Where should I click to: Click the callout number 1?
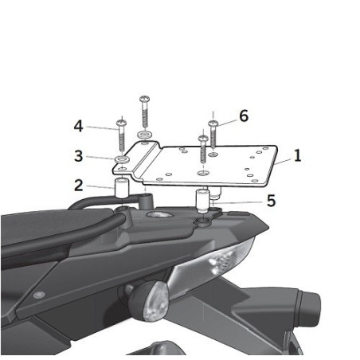pos(296,156)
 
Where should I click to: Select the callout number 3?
pos(78,155)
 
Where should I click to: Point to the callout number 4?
pos(78,126)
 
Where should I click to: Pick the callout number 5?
pos(271,202)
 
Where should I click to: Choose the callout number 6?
pos(243,115)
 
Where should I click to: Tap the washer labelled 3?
pos(122,161)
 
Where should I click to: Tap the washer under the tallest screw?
pos(144,135)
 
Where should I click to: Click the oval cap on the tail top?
pos(160,217)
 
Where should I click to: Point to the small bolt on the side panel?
pos(38,295)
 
